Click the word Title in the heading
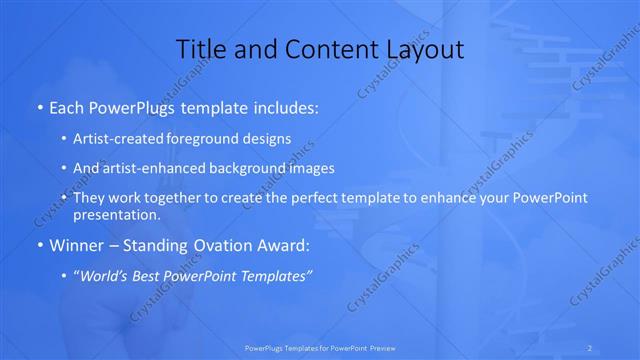coord(200,48)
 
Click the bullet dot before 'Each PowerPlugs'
coord(38,105)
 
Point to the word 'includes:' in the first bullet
coord(287,105)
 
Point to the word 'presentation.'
coord(117,215)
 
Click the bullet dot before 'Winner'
coord(38,246)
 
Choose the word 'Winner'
coord(73,246)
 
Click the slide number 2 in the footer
coord(590,348)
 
